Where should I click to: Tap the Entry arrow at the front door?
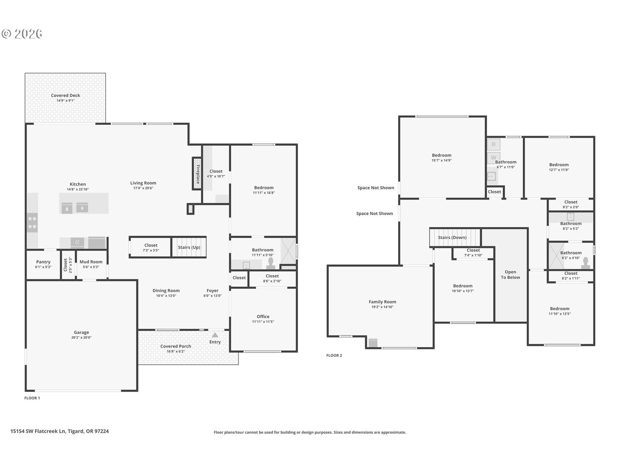tap(215, 335)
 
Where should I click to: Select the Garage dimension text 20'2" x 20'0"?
tap(81, 337)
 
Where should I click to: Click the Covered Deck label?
tap(66, 95)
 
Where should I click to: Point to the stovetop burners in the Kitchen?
tap(32, 223)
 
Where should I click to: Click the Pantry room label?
tap(43, 262)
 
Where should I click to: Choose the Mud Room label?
tap(91, 262)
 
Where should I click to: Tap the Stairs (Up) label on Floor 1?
tap(189, 247)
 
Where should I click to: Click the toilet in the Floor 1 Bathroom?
tap(271, 263)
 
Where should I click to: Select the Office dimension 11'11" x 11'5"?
tap(263, 322)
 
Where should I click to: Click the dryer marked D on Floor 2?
tap(493, 144)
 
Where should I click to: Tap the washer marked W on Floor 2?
tap(493, 158)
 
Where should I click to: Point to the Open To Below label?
tap(510, 274)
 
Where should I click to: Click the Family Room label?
tap(382, 302)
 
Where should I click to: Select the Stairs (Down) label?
tap(452, 237)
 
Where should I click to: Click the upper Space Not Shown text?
tap(376, 188)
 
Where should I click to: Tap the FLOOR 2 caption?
tap(334, 355)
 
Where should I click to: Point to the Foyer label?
tap(212, 291)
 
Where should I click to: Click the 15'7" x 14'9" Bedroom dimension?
tap(441, 160)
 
